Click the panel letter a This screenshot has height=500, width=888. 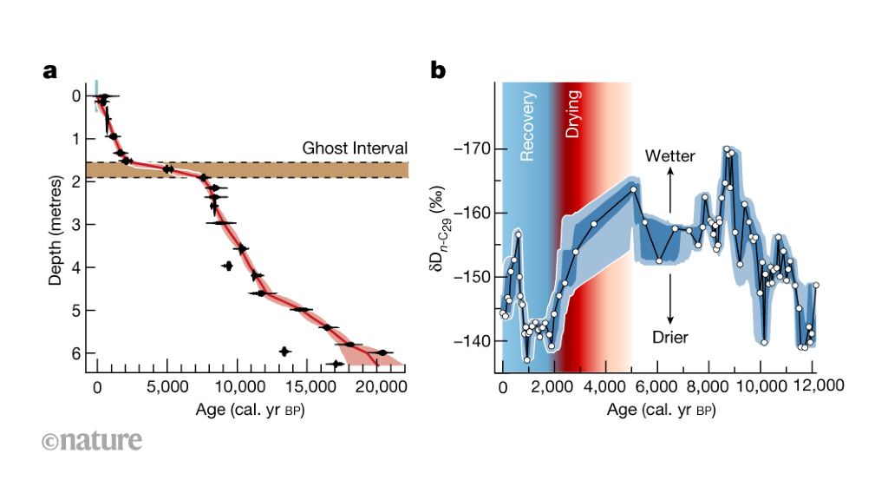(50, 71)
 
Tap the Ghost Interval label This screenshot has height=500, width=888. (355, 148)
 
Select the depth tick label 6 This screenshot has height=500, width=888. (75, 353)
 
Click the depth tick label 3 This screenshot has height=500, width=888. (75, 225)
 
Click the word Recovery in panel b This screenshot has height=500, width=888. (527, 126)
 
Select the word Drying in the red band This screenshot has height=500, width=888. (573, 114)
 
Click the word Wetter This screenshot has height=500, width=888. (669, 157)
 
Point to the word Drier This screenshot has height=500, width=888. (669, 337)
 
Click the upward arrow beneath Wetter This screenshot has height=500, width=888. (669, 190)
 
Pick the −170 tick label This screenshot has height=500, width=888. (470, 148)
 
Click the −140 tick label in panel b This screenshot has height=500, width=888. (470, 341)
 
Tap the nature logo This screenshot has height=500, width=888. (90, 440)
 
